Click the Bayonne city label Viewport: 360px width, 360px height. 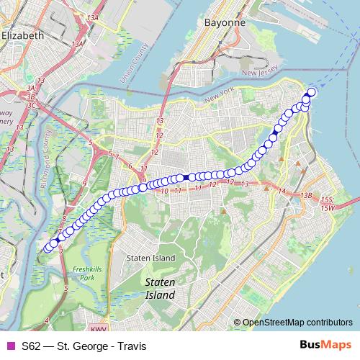[x=204, y=22]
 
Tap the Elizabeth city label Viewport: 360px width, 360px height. [x=22, y=35]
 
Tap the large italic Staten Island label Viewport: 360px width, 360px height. [x=159, y=289]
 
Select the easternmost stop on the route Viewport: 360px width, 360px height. [x=312, y=91]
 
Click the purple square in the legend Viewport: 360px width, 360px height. [x=10, y=346]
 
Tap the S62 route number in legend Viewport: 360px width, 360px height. [x=31, y=346]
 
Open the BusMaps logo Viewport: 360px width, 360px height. [x=325, y=345]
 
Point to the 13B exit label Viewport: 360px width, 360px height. [x=307, y=195]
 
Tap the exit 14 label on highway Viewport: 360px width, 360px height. [x=282, y=192]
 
